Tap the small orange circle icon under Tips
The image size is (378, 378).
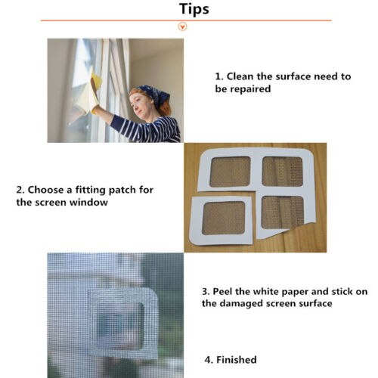point(181,26)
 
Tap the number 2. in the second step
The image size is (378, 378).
point(20,190)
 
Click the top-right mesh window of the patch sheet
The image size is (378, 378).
point(282,172)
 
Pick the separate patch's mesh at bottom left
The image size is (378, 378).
point(224,218)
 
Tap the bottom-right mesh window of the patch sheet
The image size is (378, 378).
point(281,212)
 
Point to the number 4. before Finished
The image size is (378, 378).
point(209,360)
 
